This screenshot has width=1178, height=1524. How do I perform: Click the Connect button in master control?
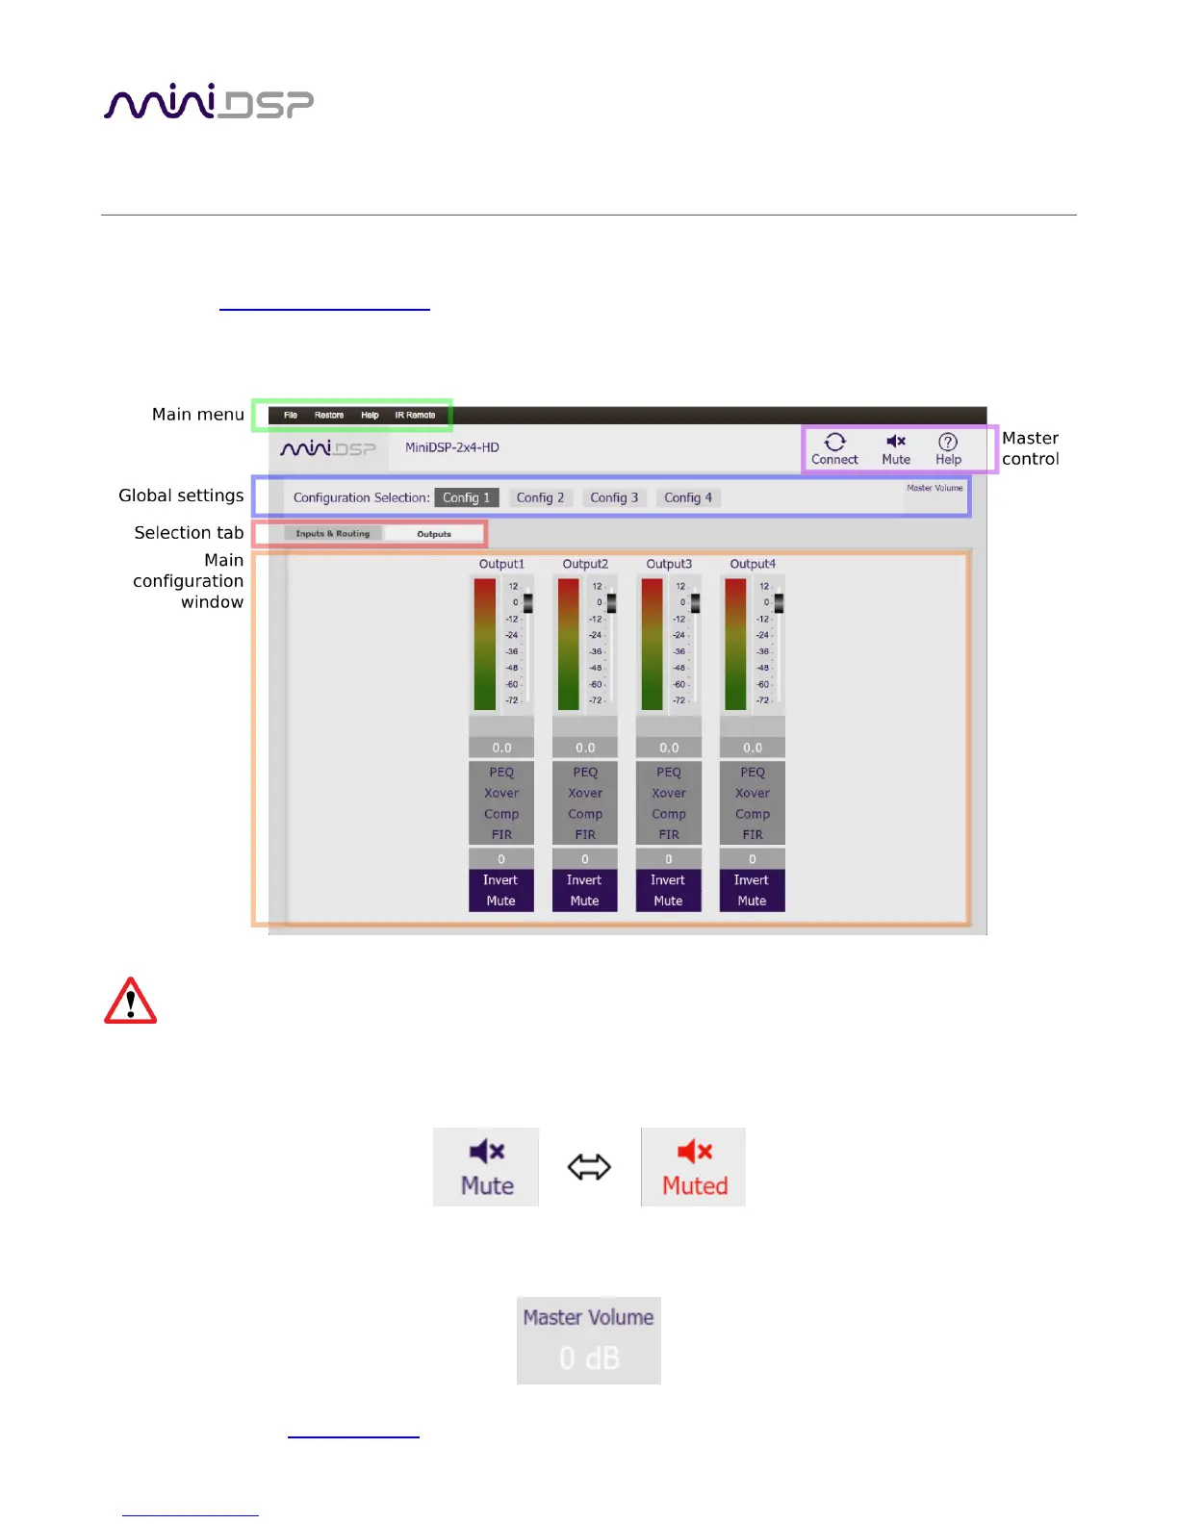point(834,449)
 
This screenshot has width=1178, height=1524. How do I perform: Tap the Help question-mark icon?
point(948,442)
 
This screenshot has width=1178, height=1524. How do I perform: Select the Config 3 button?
point(614,497)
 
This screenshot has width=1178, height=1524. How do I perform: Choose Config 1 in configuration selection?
point(467,497)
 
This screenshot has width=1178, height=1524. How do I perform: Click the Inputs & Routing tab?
point(333,534)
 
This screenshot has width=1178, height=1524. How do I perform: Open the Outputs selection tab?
point(434,534)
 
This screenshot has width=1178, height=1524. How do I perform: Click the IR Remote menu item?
point(415,416)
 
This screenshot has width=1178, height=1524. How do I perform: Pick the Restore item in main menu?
point(329,416)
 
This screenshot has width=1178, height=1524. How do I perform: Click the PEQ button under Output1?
point(501,773)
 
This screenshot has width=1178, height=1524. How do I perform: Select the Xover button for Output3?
point(669,794)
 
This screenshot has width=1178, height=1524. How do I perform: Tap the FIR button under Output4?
point(753,835)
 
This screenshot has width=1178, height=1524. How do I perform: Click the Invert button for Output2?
point(584,880)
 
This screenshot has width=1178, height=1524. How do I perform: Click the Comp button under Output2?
point(585,814)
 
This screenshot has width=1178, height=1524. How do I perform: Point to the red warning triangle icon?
point(130,1002)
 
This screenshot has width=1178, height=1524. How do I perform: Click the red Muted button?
point(694,1167)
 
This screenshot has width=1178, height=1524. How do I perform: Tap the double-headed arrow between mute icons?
point(589,1167)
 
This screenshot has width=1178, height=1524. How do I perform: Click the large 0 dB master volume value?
point(589,1358)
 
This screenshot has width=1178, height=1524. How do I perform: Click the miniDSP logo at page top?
point(209,102)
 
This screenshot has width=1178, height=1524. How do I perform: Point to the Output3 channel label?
point(669,564)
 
